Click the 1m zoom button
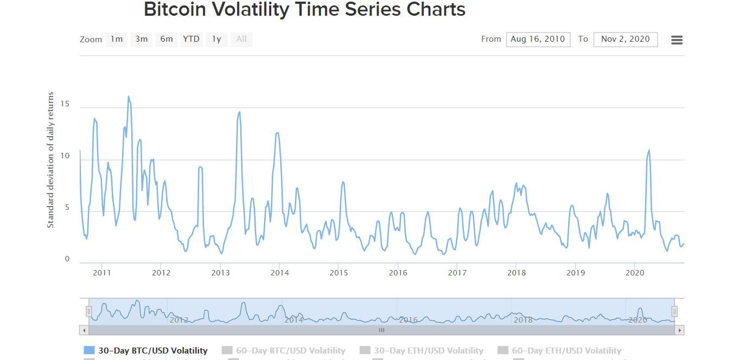click(116, 39)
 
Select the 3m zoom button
click(141, 39)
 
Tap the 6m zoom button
click(166, 39)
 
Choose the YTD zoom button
click(191, 39)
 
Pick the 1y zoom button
click(216, 39)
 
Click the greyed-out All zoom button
click(241, 39)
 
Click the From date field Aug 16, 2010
click(538, 40)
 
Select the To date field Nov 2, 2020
click(625, 40)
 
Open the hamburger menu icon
click(677, 40)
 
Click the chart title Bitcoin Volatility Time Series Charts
click(304, 10)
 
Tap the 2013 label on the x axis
click(220, 273)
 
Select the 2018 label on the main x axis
click(516, 273)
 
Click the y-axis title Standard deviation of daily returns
click(50, 160)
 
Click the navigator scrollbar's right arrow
click(680, 330)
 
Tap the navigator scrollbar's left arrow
click(84, 330)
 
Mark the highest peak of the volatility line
click(128, 97)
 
